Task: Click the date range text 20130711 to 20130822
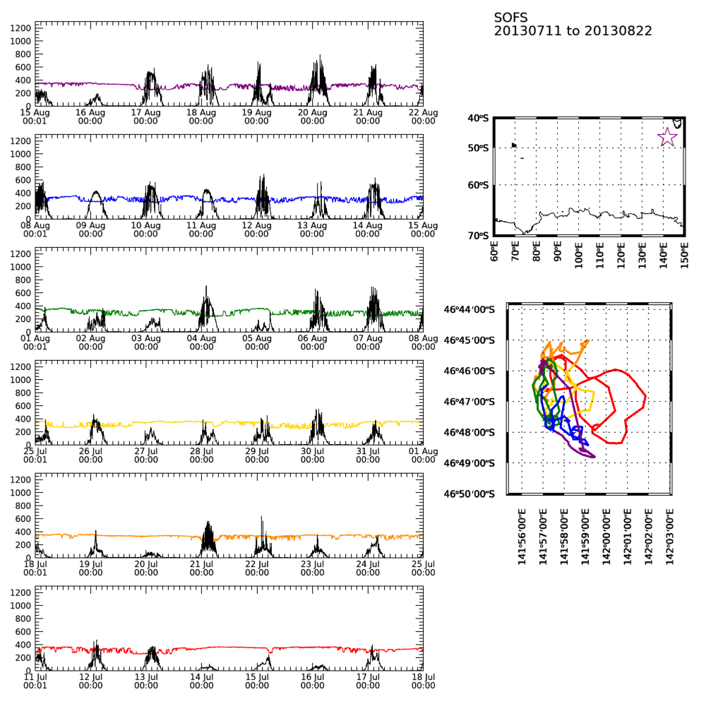coord(573,31)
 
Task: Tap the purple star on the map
coord(667,137)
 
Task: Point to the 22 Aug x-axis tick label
coord(423,116)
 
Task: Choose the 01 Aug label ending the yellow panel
coord(423,455)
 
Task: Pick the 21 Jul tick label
coord(202,568)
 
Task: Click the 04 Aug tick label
coord(202,342)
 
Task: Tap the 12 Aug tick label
coord(257,229)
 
